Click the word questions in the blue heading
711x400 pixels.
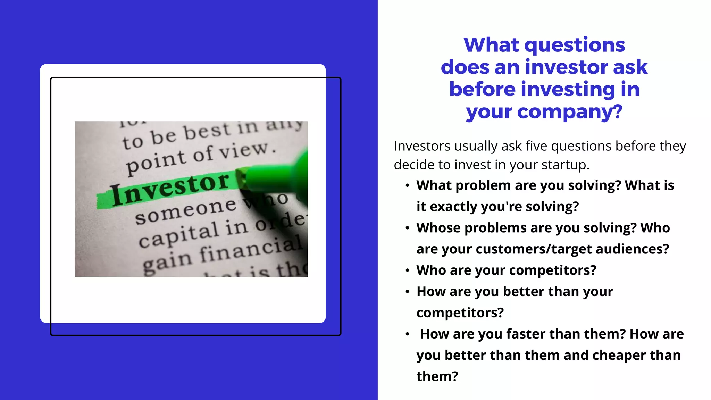click(x=575, y=45)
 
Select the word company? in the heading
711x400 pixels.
click(x=570, y=112)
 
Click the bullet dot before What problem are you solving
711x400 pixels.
click(x=407, y=186)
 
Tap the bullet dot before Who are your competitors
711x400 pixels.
click(x=407, y=270)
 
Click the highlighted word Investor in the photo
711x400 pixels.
click(x=170, y=189)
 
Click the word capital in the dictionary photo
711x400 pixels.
click(x=179, y=235)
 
